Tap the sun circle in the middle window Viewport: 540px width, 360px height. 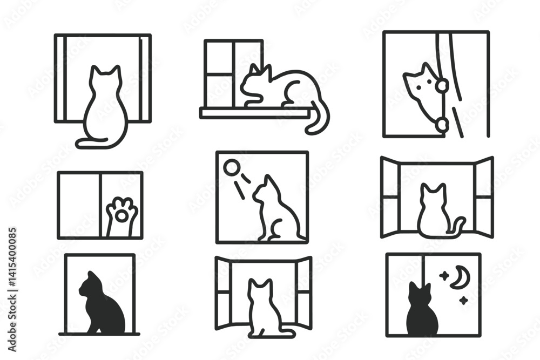231,168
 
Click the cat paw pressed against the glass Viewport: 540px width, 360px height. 122,214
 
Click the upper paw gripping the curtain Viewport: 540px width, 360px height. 442,85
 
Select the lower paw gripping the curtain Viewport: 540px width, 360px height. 442,125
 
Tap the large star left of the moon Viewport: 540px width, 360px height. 444,276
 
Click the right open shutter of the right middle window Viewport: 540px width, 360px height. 483,196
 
